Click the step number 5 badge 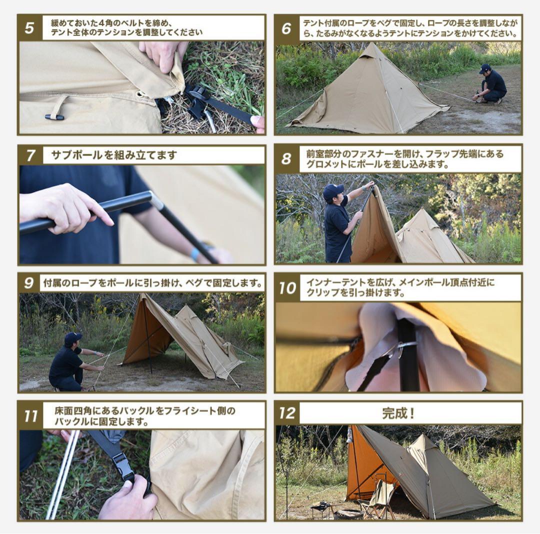(29, 28)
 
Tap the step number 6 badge (286, 28)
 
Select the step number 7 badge (30, 155)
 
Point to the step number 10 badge (287, 288)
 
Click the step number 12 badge (287, 413)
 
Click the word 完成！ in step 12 (398, 413)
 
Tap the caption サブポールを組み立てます (114, 155)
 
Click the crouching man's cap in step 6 (485, 68)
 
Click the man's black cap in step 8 (333, 190)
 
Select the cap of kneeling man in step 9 (72, 337)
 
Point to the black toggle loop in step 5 (54, 116)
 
